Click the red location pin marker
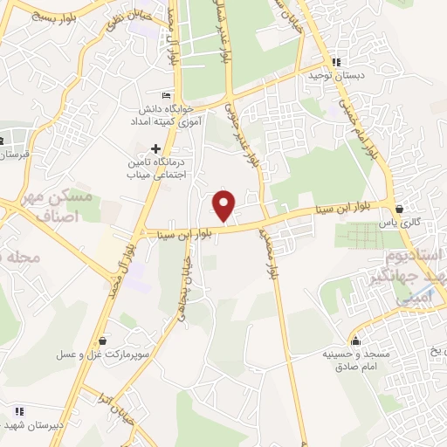[x=224, y=205]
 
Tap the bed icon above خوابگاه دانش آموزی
[x=166, y=95]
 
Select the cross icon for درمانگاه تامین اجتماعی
[x=155, y=148]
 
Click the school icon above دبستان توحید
[x=336, y=62]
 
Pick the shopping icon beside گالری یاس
[x=400, y=210]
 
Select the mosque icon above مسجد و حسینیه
[x=354, y=340]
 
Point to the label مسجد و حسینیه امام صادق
[x=335, y=361]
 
